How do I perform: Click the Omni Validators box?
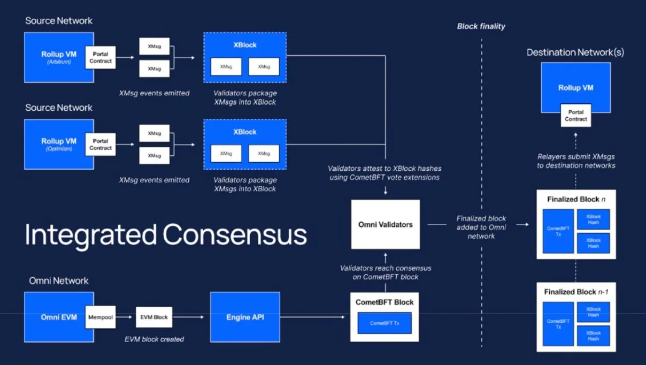(385, 224)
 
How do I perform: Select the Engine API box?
(245, 317)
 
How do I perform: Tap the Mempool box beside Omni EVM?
(101, 317)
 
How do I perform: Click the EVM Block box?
(154, 317)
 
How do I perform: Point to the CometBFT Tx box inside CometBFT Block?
(384, 323)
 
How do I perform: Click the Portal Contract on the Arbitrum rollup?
(101, 58)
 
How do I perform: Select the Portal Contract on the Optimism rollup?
(101, 145)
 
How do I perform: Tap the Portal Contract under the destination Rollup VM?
(575, 116)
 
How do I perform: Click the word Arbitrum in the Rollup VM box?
(59, 62)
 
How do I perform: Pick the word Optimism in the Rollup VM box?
(59, 149)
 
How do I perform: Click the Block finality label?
(481, 26)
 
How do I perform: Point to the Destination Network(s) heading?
(575, 52)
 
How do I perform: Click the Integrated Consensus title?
(166, 235)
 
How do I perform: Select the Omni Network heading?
(59, 281)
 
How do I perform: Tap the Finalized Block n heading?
(576, 199)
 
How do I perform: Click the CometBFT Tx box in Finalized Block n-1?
(558, 324)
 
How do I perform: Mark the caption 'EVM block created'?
(154, 339)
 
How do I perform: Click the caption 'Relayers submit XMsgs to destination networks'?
(576, 161)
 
